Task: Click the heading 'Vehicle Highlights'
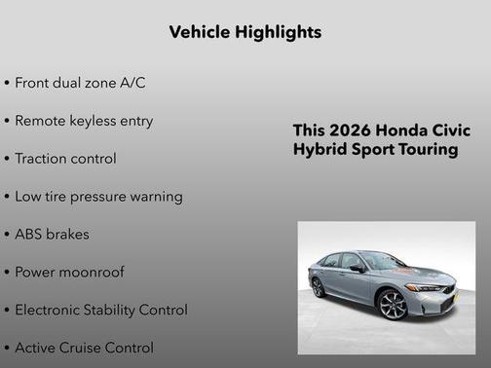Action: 245,32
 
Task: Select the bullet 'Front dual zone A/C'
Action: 80,83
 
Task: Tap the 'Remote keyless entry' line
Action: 84,121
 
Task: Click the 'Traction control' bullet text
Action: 65,159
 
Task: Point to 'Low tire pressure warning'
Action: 98,197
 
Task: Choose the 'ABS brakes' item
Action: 52,235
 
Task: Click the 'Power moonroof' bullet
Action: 69,273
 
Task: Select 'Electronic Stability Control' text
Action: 101,311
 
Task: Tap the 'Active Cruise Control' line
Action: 84,348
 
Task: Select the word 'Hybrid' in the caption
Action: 319,151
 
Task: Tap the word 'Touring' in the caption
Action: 426,151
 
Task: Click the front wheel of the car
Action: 392,305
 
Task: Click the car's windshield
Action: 383,261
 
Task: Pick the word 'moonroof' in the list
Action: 92,273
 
